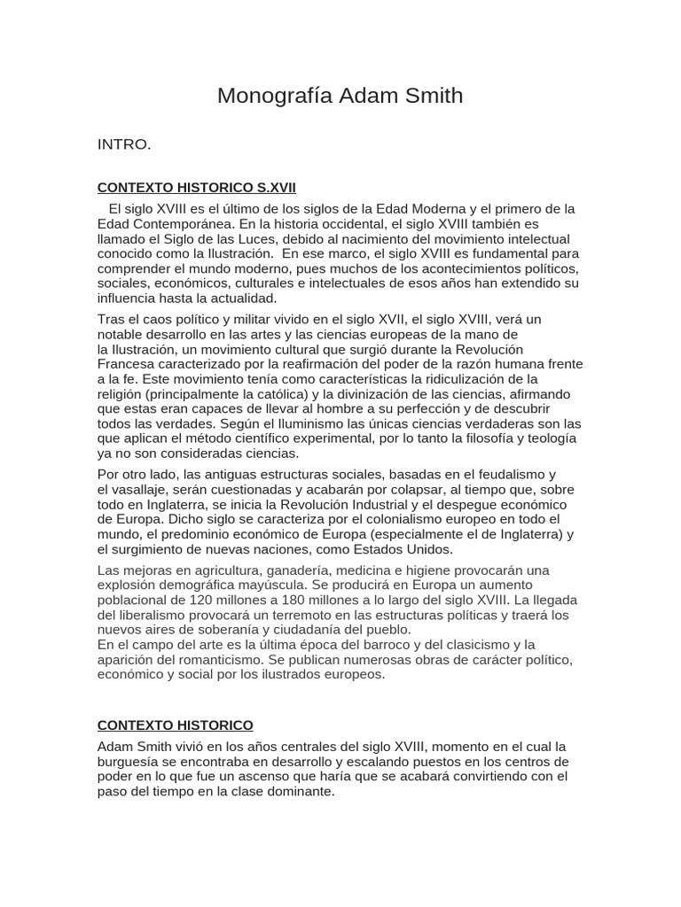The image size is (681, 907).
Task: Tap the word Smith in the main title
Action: (431, 96)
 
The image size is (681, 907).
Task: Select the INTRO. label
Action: (124, 144)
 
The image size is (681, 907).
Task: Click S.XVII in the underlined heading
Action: (276, 188)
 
